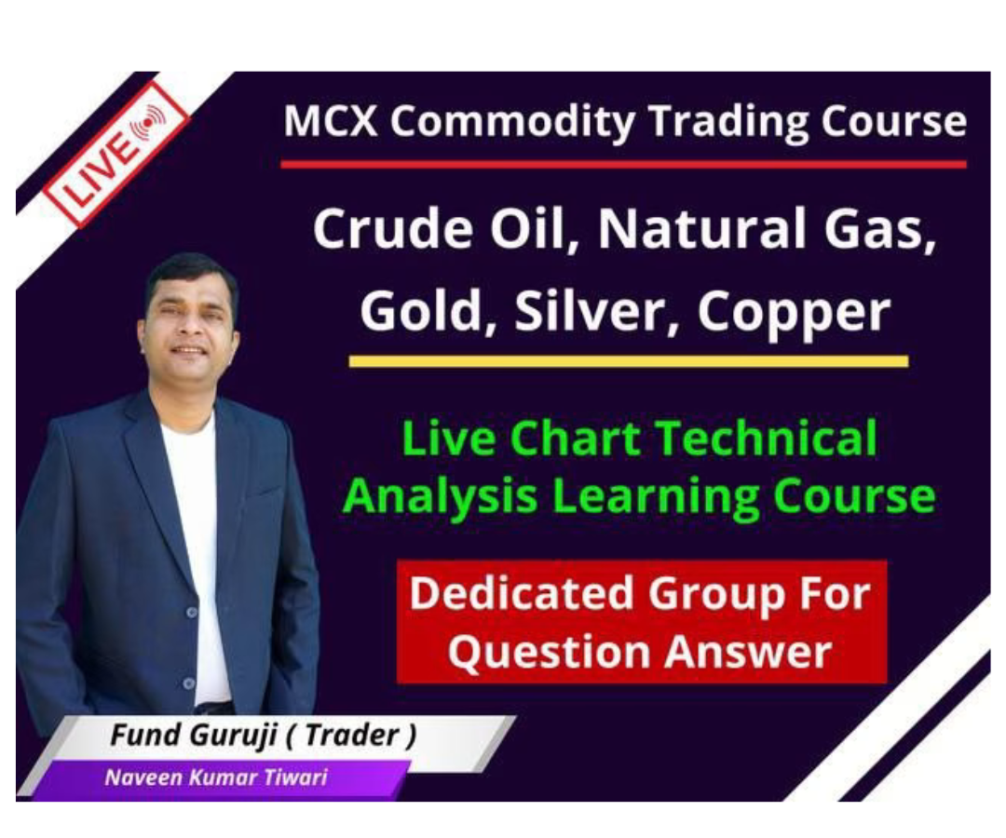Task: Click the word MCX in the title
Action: click(x=331, y=120)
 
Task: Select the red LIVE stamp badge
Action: click(x=115, y=154)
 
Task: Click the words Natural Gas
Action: click(x=768, y=230)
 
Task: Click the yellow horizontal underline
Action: click(x=629, y=361)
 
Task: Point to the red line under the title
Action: click(x=623, y=165)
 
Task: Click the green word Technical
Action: click(x=767, y=438)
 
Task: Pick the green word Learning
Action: click(x=657, y=496)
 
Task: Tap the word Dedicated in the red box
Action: click(x=522, y=594)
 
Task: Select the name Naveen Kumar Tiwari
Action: click(x=216, y=777)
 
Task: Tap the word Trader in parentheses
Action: click(x=351, y=735)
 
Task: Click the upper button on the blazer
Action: click(x=191, y=613)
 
